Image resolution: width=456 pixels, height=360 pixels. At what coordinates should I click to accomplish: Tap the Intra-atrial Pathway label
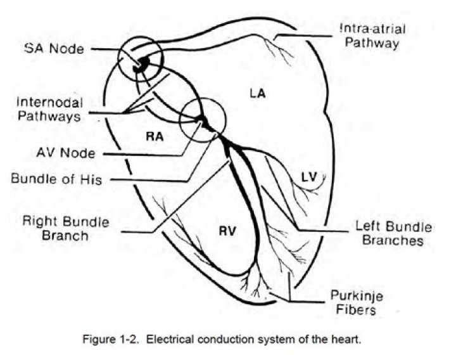coord(370,36)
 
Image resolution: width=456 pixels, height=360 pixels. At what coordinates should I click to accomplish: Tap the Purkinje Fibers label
coord(356,303)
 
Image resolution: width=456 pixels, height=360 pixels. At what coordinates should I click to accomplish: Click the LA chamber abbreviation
coord(257,94)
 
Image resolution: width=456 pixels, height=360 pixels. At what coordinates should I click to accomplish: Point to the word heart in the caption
coord(348,339)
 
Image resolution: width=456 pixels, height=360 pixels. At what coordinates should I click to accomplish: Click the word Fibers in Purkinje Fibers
coord(356,310)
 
